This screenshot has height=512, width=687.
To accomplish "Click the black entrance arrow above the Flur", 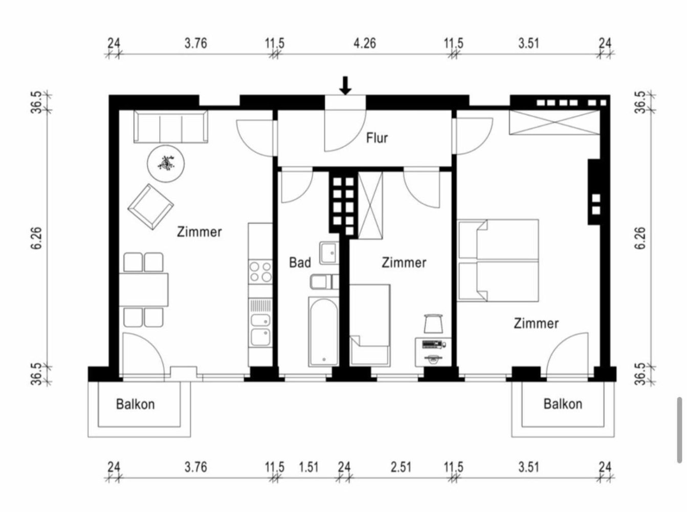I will pos(346,86).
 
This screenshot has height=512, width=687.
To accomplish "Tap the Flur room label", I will pos(377,138).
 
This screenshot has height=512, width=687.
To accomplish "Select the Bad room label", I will pos(300,263).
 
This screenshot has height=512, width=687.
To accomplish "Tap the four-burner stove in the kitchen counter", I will pos(260,272).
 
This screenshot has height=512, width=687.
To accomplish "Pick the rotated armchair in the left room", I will pos(150,207).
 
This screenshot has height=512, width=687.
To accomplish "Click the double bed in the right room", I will pos(499,260).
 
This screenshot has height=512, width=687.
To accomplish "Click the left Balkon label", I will pos(135,404).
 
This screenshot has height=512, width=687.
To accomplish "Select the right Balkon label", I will pos(563,404).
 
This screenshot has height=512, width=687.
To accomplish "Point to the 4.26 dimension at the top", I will pos(364,43).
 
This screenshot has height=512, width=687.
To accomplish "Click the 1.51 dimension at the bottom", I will pos(308,467).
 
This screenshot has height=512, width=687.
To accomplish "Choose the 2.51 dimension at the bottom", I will pos(401,467).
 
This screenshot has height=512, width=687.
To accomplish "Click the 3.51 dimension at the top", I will pos(528,43).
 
